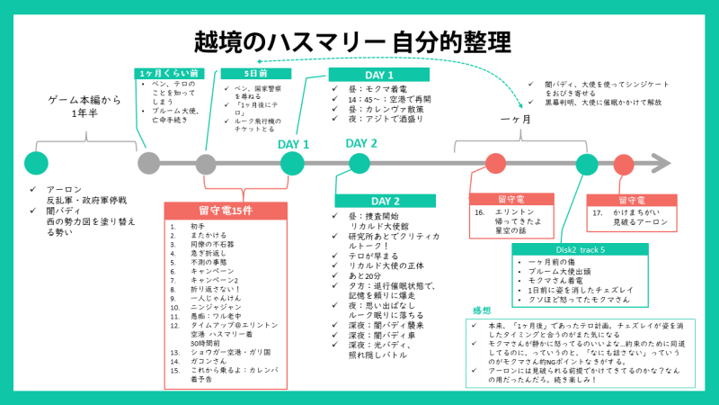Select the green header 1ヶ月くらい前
[x=168, y=73]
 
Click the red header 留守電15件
[x=226, y=210]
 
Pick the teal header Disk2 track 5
[x=566, y=249]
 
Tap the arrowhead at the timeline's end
[x=663, y=163]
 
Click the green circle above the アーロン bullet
[x=37, y=163]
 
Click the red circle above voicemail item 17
[x=623, y=164]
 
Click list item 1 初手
[x=199, y=226]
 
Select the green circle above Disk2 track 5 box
[x=587, y=164]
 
